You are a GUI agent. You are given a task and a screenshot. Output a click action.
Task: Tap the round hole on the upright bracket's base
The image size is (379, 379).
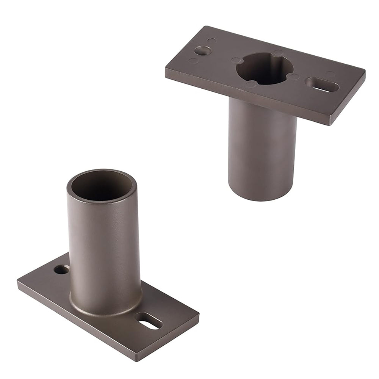pyautogui.click(x=61, y=269)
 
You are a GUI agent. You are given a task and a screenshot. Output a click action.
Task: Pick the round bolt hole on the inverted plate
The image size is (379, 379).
pyautogui.click(x=203, y=50)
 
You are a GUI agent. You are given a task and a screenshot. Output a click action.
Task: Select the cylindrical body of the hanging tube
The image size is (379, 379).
pyautogui.click(x=262, y=152)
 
